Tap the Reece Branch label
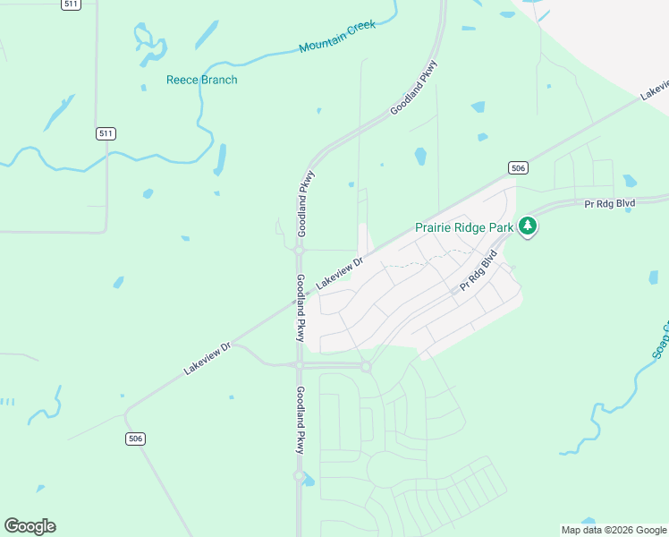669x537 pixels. [x=202, y=80]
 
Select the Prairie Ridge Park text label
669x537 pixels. [x=464, y=227]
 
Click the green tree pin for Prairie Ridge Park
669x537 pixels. [x=529, y=226]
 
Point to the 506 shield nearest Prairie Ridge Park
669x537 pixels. [x=519, y=167]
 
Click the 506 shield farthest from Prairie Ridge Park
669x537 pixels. [x=135, y=439]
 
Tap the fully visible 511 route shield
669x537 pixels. [x=106, y=133]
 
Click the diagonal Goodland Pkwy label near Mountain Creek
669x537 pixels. [x=413, y=88]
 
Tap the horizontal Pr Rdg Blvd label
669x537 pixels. [x=609, y=204]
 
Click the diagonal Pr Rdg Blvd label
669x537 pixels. [x=478, y=271]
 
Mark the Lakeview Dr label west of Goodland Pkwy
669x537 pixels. [x=207, y=358]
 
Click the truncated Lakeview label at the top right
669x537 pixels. [x=655, y=89]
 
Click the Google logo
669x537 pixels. [x=30, y=526]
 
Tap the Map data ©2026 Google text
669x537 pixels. [x=614, y=530]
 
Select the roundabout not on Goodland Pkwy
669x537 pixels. [x=365, y=366]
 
